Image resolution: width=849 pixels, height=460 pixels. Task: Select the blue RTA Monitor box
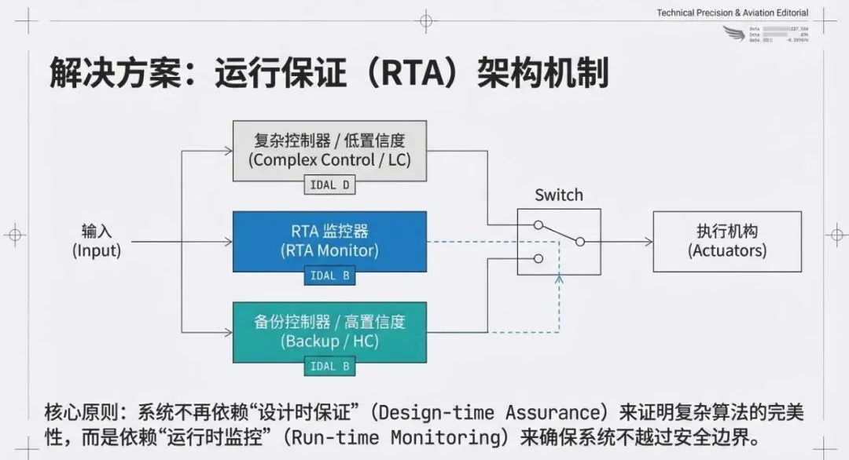(x=329, y=239)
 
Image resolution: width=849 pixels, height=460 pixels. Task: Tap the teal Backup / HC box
(x=329, y=330)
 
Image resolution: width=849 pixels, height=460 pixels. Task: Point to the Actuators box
(x=727, y=241)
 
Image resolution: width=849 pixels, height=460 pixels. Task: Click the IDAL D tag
(x=329, y=186)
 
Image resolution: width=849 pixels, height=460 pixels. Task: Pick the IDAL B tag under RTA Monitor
(x=329, y=276)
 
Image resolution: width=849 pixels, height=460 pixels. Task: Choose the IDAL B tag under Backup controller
(x=329, y=367)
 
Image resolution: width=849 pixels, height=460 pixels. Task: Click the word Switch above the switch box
(x=559, y=195)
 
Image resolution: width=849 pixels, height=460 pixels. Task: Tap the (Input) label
(x=97, y=251)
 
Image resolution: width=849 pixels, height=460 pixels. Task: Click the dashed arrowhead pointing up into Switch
(x=559, y=279)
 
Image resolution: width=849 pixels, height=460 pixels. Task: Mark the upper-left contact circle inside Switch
(x=538, y=225)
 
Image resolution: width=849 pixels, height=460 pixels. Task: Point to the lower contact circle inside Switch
(x=538, y=258)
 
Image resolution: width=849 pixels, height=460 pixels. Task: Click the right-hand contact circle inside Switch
(x=580, y=241)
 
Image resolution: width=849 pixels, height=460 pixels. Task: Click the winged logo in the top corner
(x=733, y=33)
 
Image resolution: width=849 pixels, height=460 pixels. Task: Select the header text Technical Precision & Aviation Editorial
(x=733, y=13)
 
